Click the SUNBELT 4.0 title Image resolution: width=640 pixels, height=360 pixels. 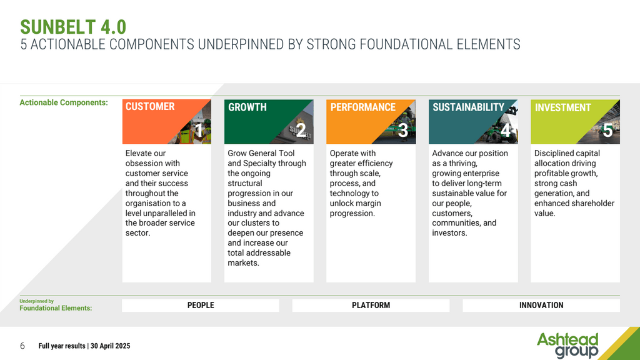(x=73, y=27)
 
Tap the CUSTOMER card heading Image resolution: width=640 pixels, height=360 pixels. (x=150, y=106)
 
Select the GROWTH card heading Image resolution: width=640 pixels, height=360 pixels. (x=247, y=107)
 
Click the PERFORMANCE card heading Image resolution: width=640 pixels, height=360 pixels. (x=363, y=107)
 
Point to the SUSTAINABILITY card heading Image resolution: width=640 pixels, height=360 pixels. (x=469, y=107)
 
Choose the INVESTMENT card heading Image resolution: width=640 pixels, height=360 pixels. (x=563, y=107)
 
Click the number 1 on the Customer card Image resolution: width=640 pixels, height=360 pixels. (x=199, y=131)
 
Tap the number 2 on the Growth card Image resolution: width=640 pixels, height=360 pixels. (x=301, y=131)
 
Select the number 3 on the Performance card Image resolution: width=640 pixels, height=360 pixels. (x=403, y=131)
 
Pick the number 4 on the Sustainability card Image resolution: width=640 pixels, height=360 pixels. (x=505, y=131)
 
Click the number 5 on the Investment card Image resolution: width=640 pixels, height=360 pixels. (x=607, y=131)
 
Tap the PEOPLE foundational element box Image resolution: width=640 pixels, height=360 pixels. (x=201, y=305)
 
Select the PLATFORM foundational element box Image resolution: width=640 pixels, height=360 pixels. (x=371, y=305)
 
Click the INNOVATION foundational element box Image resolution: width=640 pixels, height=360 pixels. (x=541, y=305)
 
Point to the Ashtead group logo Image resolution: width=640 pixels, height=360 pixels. (x=567, y=345)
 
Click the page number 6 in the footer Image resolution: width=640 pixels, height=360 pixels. (x=22, y=346)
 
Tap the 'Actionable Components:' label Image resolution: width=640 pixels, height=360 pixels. (x=64, y=102)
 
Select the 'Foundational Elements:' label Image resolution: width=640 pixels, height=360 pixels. (x=56, y=308)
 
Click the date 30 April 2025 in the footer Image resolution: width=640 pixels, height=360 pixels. (x=110, y=346)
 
